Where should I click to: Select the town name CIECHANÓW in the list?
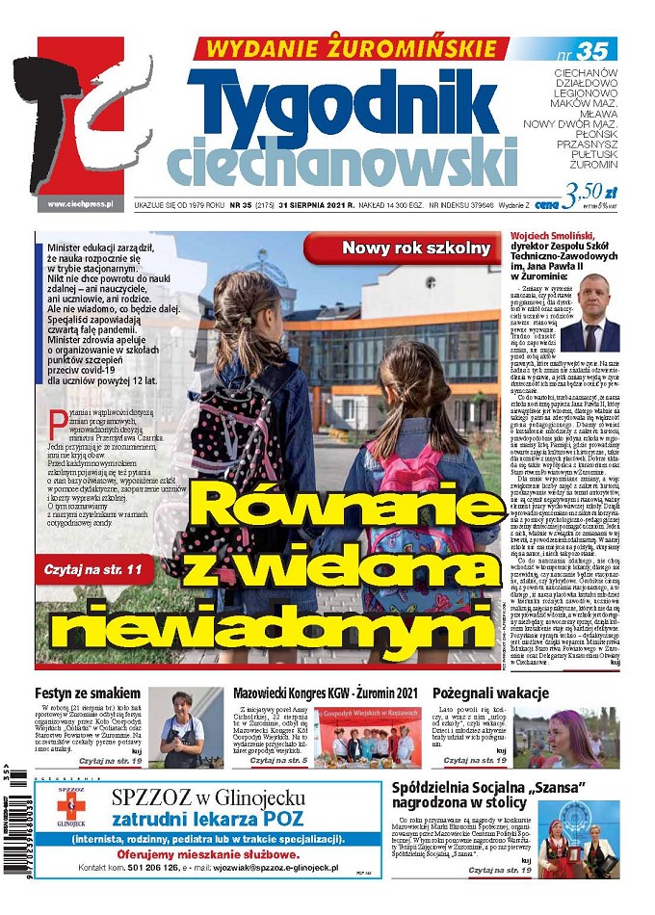pos(585,72)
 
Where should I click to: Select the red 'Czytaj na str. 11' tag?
pos(93,570)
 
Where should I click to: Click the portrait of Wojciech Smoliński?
pos(589,319)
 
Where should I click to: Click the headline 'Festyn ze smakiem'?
pos(88,693)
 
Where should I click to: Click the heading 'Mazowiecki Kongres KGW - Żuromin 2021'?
pos(327,693)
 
